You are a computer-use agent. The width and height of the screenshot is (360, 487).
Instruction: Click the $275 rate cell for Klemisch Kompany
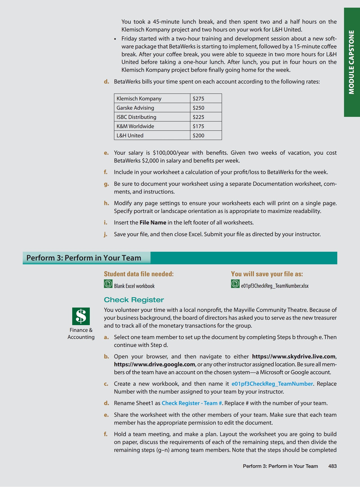(x=199, y=98)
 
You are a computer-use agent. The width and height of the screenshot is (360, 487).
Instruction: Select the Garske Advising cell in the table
(x=135, y=108)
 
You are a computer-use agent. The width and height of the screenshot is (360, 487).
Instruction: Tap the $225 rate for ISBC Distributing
(x=199, y=117)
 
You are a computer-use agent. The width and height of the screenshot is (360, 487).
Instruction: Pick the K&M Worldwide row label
(x=135, y=126)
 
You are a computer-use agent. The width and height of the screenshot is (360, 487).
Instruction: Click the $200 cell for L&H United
(x=199, y=136)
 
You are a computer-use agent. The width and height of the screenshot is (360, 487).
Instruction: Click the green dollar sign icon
(x=81, y=316)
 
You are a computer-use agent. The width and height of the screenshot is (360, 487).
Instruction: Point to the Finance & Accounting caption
(x=81, y=334)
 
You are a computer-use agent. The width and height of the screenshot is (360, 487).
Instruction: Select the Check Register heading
(x=134, y=300)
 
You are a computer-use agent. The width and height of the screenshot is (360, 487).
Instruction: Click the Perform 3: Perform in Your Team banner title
(x=84, y=258)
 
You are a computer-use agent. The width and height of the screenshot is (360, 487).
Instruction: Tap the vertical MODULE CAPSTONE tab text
(x=352, y=62)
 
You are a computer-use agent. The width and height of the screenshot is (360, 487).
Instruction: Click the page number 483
(x=332, y=466)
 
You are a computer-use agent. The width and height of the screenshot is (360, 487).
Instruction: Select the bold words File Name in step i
(x=153, y=223)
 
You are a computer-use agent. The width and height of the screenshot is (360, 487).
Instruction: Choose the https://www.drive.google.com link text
(x=154, y=364)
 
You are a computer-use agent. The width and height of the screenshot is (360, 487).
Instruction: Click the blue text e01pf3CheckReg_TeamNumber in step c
(x=272, y=384)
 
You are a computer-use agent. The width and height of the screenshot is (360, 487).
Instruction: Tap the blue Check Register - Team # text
(x=192, y=403)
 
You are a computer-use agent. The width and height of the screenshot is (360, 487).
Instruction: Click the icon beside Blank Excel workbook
(x=108, y=284)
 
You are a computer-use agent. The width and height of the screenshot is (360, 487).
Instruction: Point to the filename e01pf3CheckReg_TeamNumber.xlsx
(x=275, y=286)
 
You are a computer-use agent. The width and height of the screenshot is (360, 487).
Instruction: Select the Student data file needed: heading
(x=139, y=274)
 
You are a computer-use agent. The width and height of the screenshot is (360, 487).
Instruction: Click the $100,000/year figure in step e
(x=171, y=153)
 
